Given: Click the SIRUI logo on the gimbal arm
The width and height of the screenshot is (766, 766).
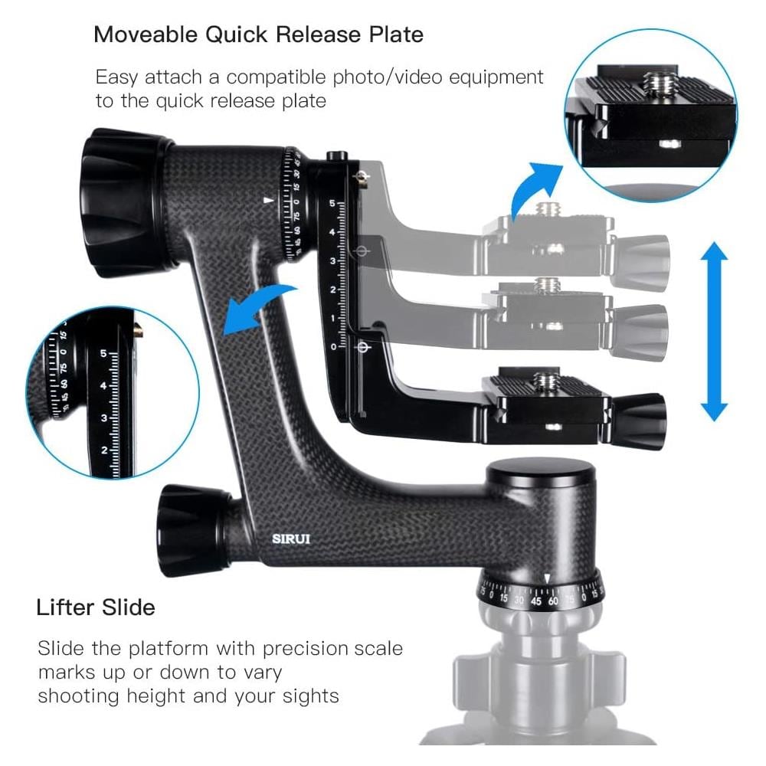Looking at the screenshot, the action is [x=290, y=538].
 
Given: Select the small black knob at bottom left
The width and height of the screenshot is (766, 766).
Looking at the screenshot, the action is [x=194, y=530].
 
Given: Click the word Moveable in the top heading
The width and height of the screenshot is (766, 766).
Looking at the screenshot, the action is [x=146, y=34].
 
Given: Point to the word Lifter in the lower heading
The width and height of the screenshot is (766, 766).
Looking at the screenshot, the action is [x=65, y=607].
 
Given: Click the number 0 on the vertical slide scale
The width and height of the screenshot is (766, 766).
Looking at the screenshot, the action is [x=334, y=347].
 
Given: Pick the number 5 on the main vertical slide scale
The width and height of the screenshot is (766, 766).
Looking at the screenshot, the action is [x=332, y=203].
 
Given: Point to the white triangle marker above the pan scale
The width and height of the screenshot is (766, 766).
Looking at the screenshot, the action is [x=547, y=579].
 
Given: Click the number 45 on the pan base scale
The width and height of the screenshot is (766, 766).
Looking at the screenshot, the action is [x=536, y=601].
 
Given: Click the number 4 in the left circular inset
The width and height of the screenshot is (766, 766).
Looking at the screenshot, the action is [x=103, y=386].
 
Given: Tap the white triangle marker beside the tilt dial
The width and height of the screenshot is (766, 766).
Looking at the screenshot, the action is [x=268, y=200].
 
